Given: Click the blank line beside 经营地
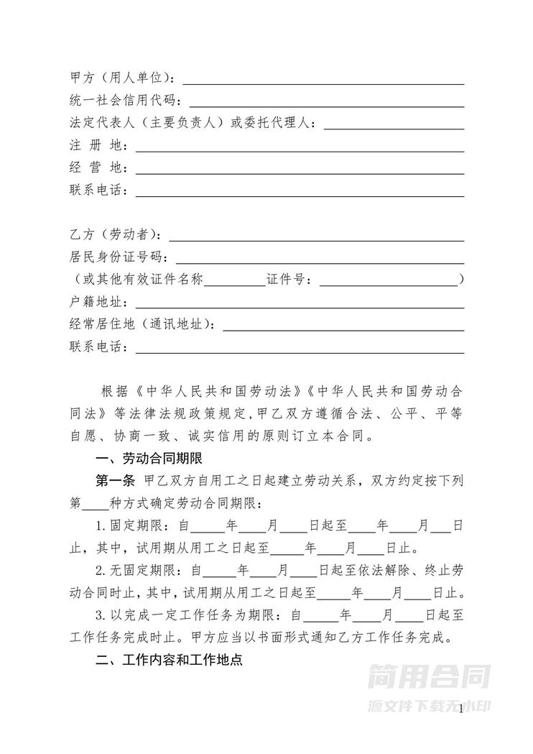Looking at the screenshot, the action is pos(298,170).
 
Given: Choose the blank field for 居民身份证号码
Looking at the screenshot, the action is pos(320,257).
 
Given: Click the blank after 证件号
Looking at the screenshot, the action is pos(388,280).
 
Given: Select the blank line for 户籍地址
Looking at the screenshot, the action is pos(298,302).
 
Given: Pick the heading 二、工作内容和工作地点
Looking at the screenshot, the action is pos(169,660).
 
